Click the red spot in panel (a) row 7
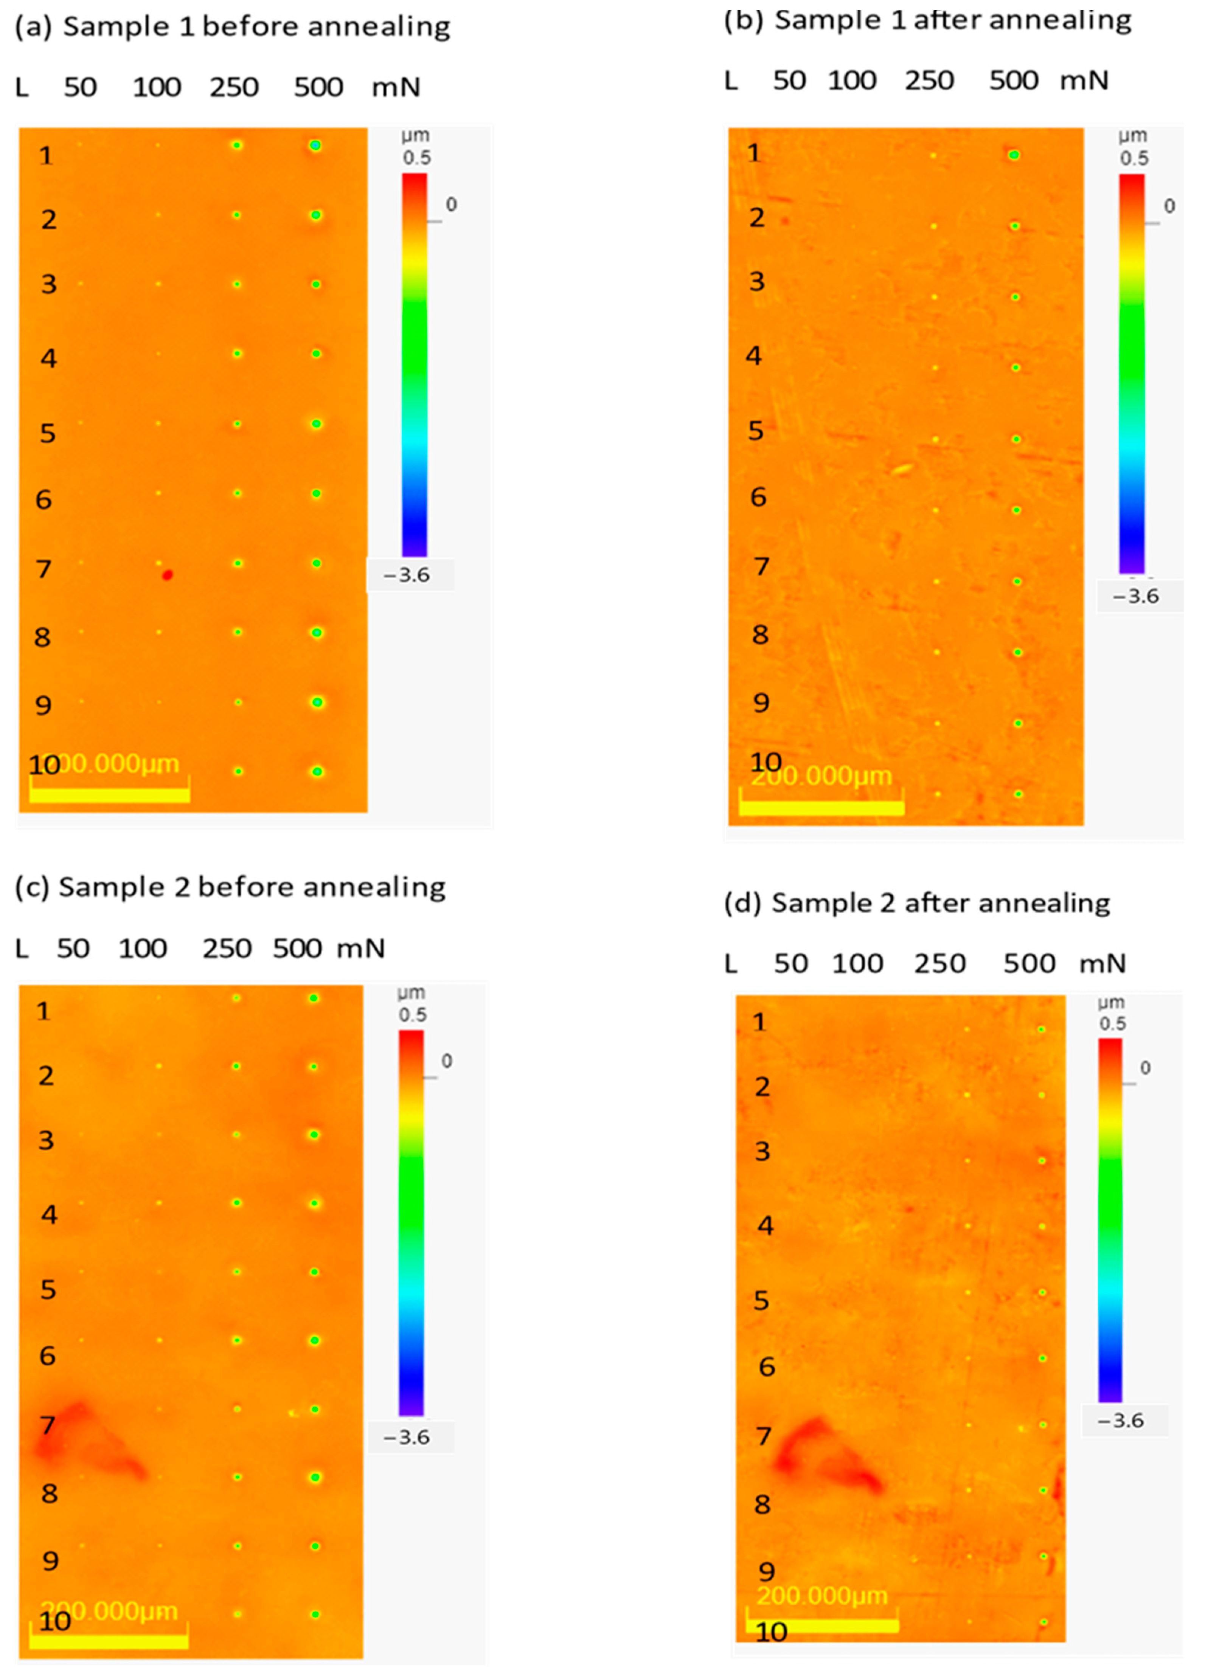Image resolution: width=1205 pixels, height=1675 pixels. pos(168,575)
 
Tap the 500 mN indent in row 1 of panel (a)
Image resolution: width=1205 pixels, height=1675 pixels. pos(315,146)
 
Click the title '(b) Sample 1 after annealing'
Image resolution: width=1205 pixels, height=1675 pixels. pos(927,21)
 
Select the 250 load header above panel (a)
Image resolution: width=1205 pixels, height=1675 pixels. pos(233,87)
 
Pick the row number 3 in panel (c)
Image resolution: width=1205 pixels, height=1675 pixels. pos(46,1140)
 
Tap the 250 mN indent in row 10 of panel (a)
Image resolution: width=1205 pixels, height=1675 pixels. pos(238,771)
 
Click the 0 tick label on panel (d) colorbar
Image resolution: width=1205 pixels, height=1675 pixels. pos(1144,1068)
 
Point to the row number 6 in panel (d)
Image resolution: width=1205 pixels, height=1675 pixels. pos(767,1367)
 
